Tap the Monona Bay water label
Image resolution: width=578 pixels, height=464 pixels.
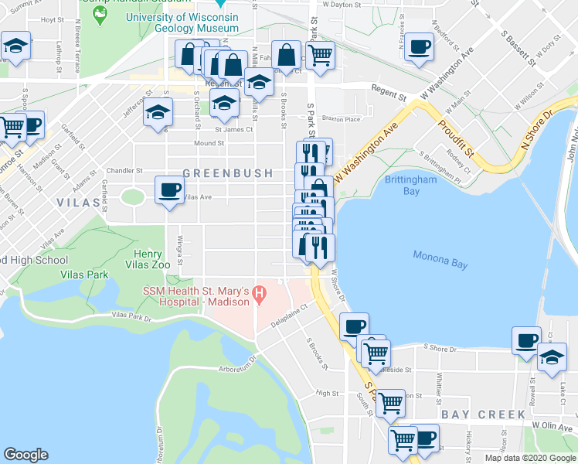(x=440, y=260)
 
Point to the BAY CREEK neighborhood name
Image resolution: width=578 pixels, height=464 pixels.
(x=472, y=415)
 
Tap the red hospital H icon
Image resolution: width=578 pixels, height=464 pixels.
(x=260, y=295)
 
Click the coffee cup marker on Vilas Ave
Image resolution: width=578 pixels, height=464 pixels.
(x=169, y=189)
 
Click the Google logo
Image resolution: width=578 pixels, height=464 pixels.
(x=25, y=454)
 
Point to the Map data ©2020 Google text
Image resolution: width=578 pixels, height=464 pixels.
(x=529, y=458)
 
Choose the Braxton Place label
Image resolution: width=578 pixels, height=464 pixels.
(x=342, y=119)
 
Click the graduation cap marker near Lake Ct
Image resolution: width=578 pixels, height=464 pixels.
(x=552, y=358)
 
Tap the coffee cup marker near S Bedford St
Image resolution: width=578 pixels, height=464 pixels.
(x=419, y=46)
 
